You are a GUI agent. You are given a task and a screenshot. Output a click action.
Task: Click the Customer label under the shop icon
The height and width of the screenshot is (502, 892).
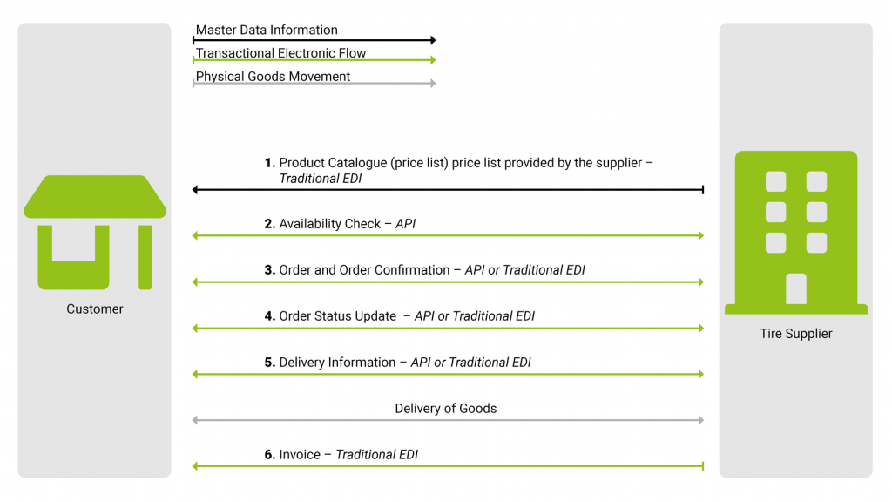tap(95, 309)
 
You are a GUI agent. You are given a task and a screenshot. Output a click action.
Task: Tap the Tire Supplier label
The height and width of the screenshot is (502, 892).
tap(795, 333)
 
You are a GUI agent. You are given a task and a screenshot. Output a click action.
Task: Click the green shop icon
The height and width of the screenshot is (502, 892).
tap(95, 232)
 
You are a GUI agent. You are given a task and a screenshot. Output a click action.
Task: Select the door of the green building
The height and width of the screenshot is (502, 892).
tap(795, 288)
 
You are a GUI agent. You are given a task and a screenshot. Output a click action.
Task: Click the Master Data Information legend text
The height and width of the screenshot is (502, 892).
tap(267, 30)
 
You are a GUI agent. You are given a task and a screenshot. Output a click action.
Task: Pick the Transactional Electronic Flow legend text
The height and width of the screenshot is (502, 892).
tap(280, 53)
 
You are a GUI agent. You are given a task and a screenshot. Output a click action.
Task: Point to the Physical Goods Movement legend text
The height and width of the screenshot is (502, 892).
tap(273, 77)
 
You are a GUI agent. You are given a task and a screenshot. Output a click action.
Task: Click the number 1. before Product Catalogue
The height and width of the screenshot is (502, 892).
tap(270, 162)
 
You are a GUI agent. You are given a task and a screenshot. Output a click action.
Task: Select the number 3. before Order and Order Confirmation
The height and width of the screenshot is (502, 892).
tap(270, 270)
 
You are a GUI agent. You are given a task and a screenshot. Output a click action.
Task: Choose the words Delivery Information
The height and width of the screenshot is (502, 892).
tap(336, 363)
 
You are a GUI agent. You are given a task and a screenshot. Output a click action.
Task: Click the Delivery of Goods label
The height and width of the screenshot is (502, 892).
tap(445, 408)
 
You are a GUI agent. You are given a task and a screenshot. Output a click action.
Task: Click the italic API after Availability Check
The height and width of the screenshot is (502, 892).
tap(405, 224)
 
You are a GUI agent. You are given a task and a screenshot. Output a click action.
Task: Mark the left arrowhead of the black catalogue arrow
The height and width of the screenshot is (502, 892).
tap(195, 189)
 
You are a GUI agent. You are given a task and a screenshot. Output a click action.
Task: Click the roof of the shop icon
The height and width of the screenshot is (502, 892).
tap(95, 197)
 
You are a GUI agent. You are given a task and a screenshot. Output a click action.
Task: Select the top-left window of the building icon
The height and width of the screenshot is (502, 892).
tap(774, 181)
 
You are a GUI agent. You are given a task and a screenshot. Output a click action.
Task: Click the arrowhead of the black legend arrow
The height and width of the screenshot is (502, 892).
tap(431, 40)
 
